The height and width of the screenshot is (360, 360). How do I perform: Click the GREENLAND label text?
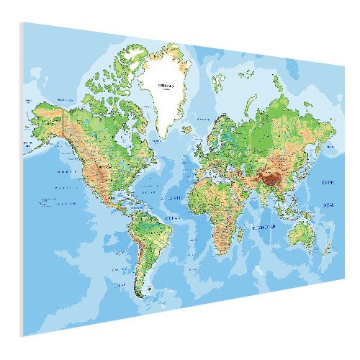pyautogui.click(x=166, y=84)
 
